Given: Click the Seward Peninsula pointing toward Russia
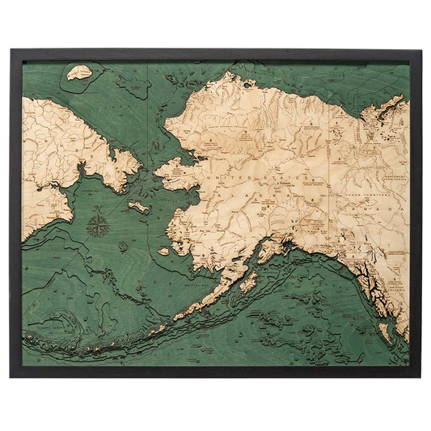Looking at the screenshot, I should click(174, 172).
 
